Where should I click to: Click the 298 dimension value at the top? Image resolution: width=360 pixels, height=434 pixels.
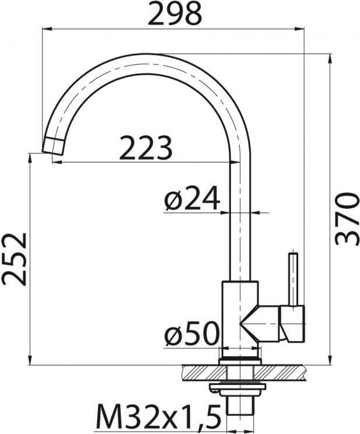pos(174,14)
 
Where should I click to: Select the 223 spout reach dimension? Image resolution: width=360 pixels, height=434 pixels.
pos(146,148)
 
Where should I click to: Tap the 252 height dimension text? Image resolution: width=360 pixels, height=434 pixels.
pos(14,259)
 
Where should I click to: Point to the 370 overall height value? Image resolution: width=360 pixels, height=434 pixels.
pos(347,219)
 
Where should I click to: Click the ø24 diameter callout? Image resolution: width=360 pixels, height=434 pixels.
pos(192,198)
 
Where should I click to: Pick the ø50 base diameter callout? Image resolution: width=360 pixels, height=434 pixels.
pos(192,334)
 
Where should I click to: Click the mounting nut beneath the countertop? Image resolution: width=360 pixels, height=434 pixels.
pos(237,390)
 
